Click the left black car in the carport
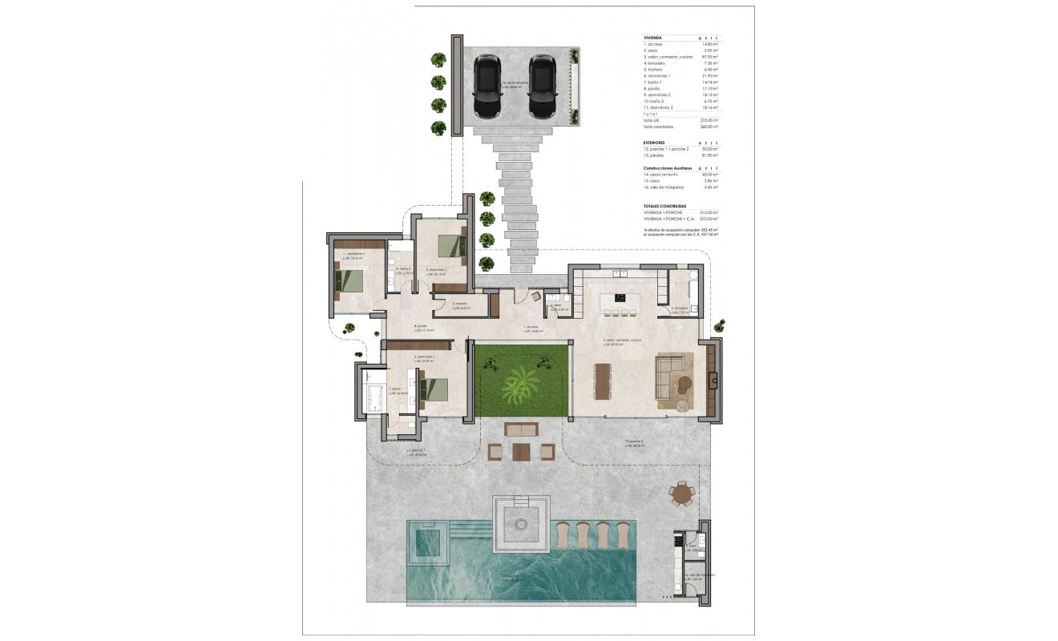pyautogui.click(x=487, y=87)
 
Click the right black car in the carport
pyautogui.click(x=542, y=87)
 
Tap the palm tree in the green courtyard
pyautogui.click(x=521, y=386)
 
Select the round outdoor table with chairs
pyautogui.click(x=682, y=494)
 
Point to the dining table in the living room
pyautogui.click(x=602, y=381)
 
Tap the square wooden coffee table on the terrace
pyautogui.click(x=522, y=453)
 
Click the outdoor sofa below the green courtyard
pyautogui.click(x=523, y=429)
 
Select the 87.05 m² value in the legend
pyautogui.click(x=709, y=58)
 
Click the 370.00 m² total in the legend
pyautogui.click(x=709, y=219)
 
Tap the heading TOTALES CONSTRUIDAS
pyautogui.click(x=664, y=206)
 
